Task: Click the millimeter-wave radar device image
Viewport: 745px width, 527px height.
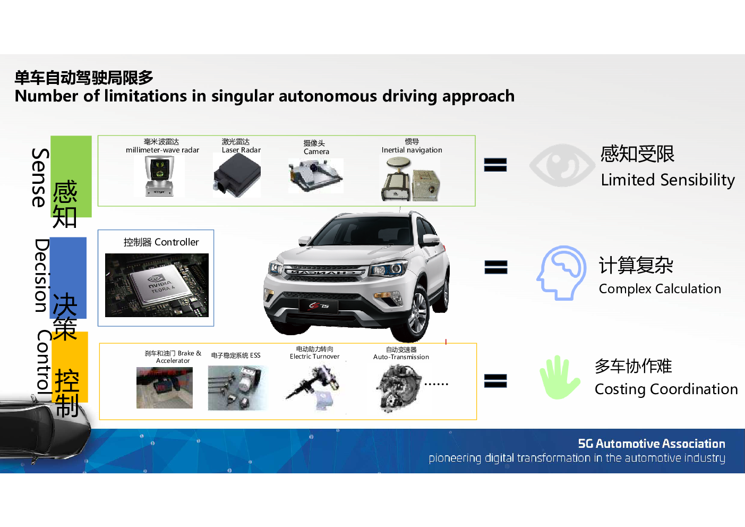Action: [x=159, y=176]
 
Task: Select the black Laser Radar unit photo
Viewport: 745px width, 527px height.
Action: [x=237, y=175]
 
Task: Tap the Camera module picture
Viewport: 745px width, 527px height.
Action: [x=315, y=176]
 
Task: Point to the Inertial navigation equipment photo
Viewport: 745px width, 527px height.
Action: [x=410, y=178]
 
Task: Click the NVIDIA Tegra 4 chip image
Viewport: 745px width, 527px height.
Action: [x=157, y=285]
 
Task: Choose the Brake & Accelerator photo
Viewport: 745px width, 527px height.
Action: [x=165, y=388]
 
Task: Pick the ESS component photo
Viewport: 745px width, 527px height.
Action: [x=237, y=388]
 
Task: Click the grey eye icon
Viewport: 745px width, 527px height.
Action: [x=562, y=165]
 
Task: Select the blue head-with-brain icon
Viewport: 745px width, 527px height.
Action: [x=561, y=273]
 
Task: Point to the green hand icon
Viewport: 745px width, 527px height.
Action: [x=560, y=377]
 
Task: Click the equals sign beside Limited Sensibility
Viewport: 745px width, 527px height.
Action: [x=495, y=165]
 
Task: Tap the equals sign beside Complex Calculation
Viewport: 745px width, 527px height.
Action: [x=496, y=267]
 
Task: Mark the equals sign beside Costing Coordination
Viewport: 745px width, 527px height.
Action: [x=495, y=381]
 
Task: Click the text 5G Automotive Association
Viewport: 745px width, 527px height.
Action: [x=652, y=444]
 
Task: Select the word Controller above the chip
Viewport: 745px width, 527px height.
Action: [x=177, y=242]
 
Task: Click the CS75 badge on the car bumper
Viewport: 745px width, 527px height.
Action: [x=319, y=306]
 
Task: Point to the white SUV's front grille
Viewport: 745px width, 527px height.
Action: [x=325, y=273]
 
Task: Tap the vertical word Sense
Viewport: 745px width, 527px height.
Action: [x=40, y=177]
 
